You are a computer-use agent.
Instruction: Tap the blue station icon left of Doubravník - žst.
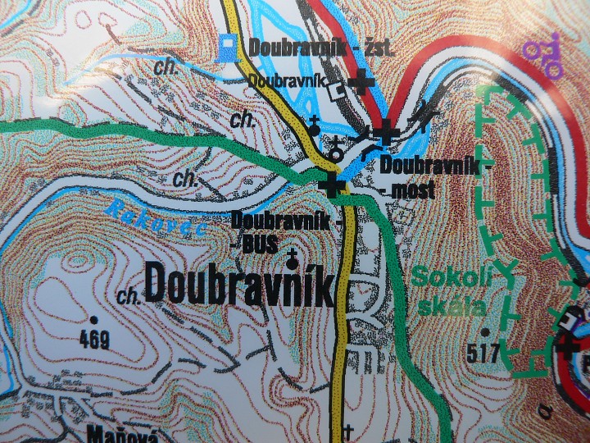tap(230, 48)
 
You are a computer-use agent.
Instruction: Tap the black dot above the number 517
tap(487, 333)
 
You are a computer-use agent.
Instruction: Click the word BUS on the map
tap(261, 243)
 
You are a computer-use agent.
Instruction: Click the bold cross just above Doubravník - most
tap(385, 131)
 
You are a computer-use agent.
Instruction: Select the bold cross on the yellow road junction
tap(331, 185)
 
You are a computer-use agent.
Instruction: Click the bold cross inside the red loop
tap(568, 345)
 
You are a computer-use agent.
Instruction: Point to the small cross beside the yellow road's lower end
tap(347, 430)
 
